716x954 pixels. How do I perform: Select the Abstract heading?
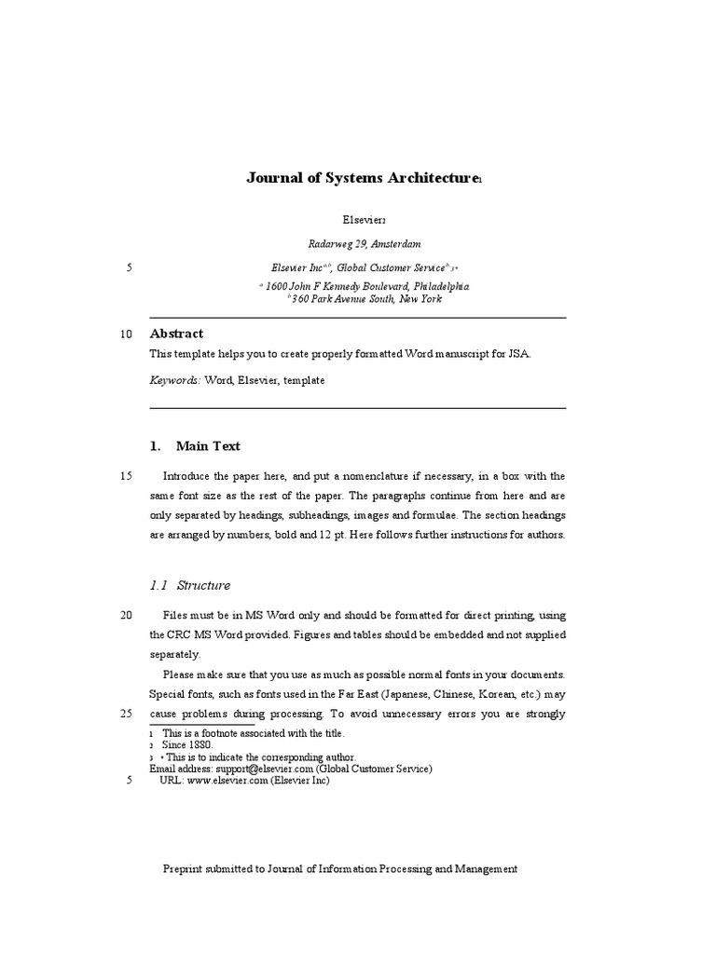click(176, 334)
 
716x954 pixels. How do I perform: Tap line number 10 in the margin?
click(127, 334)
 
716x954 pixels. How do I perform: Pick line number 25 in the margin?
click(127, 714)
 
